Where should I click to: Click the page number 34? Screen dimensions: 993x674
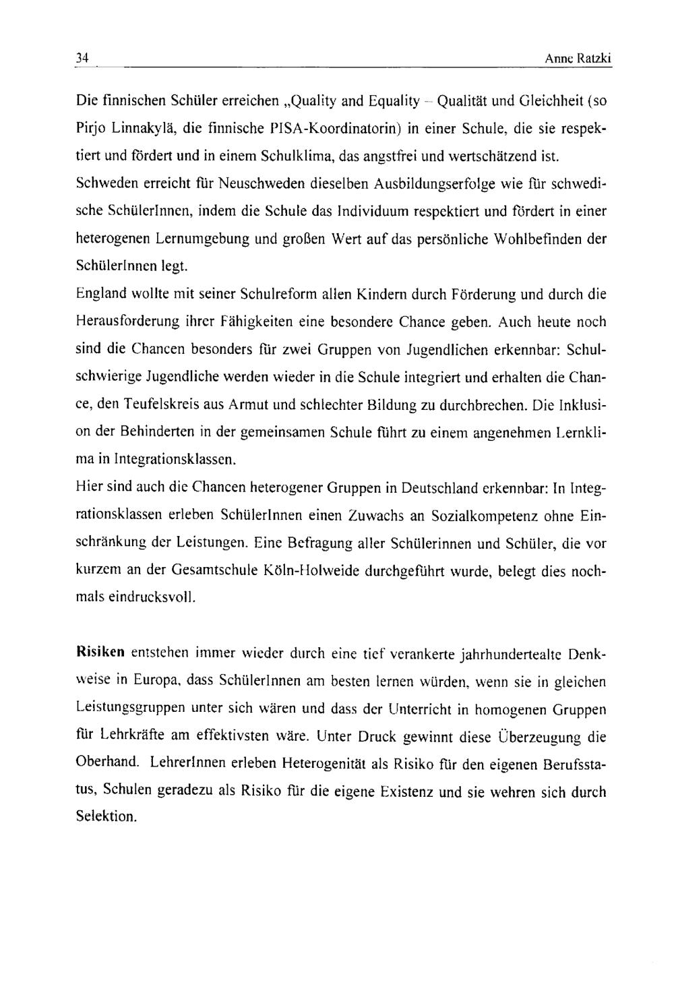click(82, 59)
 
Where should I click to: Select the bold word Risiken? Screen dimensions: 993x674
click(100, 653)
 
